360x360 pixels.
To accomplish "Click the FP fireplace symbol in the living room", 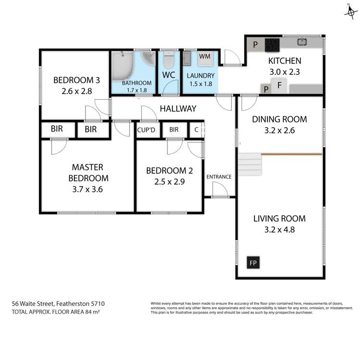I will click(x=252, y=263).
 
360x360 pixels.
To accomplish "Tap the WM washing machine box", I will click(x=205, y=57).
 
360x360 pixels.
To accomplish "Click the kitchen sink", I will click(x=302, y=42).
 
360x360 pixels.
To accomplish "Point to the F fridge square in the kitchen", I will click(x=279, y=87).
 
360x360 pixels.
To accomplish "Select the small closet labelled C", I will click(x=196, y=130).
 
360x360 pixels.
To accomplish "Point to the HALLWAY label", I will click(x=178, y=109).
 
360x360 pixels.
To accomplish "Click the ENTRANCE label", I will click(x=219, y=177).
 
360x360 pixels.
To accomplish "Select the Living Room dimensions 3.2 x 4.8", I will click(x=279, y=229).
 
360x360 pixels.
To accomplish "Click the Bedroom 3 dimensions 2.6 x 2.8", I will click(x=72, y=90).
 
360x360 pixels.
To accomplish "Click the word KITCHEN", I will click(x=285, y=61).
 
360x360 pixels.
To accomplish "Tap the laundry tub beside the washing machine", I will click(x=187, y=59).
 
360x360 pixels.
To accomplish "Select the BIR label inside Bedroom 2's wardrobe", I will click(x=174, y=130).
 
